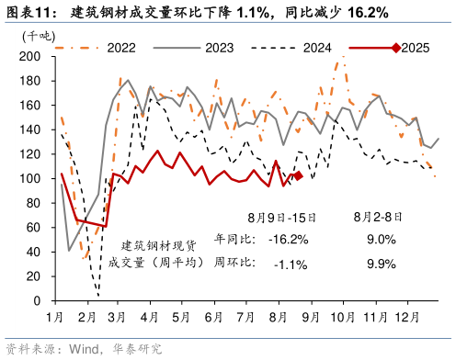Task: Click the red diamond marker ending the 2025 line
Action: (297, 175)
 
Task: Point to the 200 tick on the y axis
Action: (30, 57)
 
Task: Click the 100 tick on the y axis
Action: (30, 179)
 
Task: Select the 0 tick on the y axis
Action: (37, 301)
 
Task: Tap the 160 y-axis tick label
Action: (30, 106)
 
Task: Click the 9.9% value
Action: (380, 264)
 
